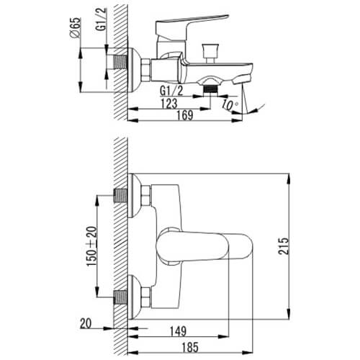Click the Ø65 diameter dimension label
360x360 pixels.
[x=75, y=27]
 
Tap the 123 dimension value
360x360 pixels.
[x=169, y=103]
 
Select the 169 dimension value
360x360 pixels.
[x=185, y=115]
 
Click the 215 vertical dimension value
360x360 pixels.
[x=283, y=246]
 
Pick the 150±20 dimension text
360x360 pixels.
[x=92, y=246]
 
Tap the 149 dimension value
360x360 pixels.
[x=178, y=331]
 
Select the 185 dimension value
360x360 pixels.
[x=190, y=347]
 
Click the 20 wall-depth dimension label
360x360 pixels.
[x=86, y=323]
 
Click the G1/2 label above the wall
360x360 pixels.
[x=101, y=19]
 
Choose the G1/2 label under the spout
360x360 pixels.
[x=171, y=91]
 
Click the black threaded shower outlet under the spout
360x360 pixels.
[x=210, y=89]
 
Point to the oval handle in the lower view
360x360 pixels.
[x=204, y=246]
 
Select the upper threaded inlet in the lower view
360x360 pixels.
[x=120, y=195]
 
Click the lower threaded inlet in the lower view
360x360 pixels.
[x=120, y=297]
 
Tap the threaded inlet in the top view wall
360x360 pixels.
[x=120, y=62]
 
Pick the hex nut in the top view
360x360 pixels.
[x=145, y=70]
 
